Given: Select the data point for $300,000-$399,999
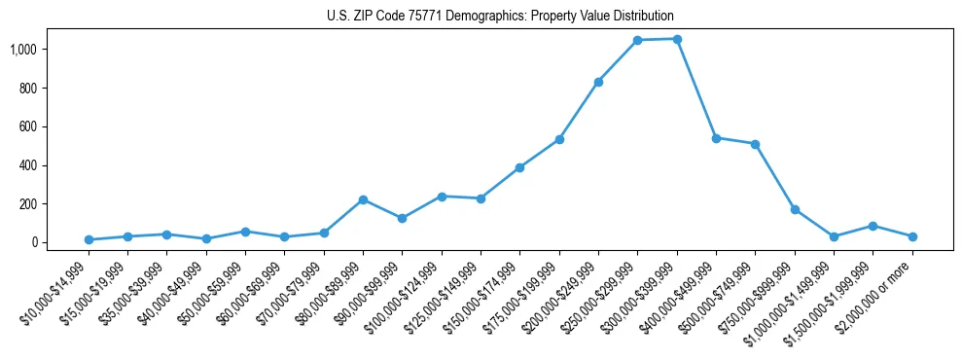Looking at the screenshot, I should pos(677,39).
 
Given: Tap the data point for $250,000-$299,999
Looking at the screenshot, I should pos(638,41).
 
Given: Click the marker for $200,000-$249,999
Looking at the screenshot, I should pos(598,82).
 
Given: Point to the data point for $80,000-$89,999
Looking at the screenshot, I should pos(363,199).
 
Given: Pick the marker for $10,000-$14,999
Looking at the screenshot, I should pos(89,239).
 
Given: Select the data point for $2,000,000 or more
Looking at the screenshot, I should pos(912,236).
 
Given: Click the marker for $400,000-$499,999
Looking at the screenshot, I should pos(716,138).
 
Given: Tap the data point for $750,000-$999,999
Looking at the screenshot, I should pos(795,209).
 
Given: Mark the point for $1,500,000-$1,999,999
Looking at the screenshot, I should pos(873,226).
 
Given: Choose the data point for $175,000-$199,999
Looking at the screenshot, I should pos(559,139).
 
